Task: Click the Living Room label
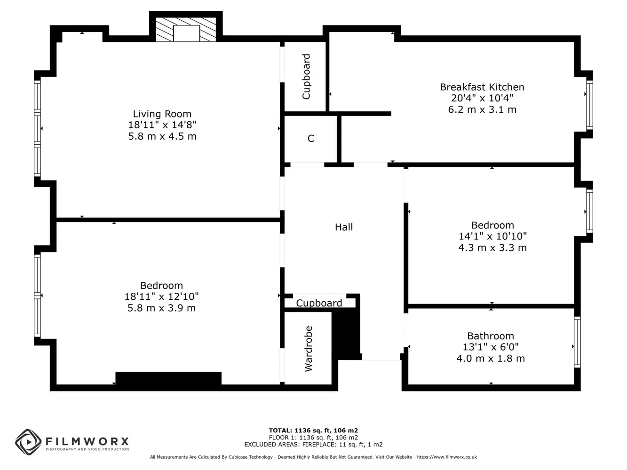point(162,114)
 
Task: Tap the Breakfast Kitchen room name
point(482,87)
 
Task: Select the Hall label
point(344,227)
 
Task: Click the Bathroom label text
point(491,336)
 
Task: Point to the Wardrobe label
point(309,349)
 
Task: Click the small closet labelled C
point(311,138)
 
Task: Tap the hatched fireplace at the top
point(186,30)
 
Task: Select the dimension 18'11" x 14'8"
point(162,125)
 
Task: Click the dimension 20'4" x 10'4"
point(482,98)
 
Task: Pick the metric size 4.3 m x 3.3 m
point(492,248)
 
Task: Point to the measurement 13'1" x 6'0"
point(491,347)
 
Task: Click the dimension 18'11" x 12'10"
point(161,297)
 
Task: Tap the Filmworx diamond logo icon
point(28,442)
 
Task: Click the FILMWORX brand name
point(87,442)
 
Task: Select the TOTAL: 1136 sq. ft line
point(313,431)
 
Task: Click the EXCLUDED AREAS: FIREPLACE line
point(313,444)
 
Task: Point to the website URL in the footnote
point(447,457)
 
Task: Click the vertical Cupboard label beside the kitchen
point(306,77)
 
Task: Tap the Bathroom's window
point(577,342)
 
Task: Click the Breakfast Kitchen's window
point(589,105)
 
